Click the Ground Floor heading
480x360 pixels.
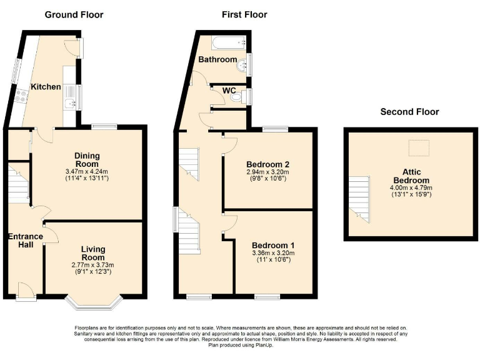pyautogui.click(x=74, y=14)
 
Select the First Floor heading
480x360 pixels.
pyautogui.click(x=244, y=14)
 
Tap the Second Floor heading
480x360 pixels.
pyautogui.click(x=409, y=112)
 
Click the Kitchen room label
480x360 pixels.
pyautogui.click(x=46, y=87)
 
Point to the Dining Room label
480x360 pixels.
pyautogui.click(x=87, y=160)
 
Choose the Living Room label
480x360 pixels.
pyautogui.click(x=92, y=253)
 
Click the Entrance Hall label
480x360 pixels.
pyautogui.click(x=25, y=241)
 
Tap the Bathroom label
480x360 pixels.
pyautogui.click(x=217, y=60)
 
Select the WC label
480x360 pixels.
pyautogui.click(x=230, y=91)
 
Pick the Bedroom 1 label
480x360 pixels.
pyautogui.click(x=272, y=245)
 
